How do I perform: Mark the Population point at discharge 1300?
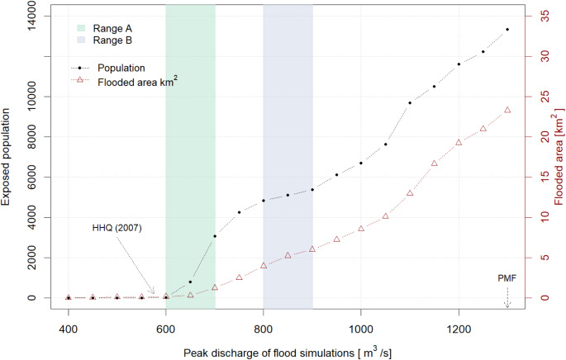point(507,30)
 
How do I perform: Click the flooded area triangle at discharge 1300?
point(507,110)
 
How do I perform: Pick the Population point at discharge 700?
point(215,236)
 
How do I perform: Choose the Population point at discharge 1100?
point(410,103)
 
